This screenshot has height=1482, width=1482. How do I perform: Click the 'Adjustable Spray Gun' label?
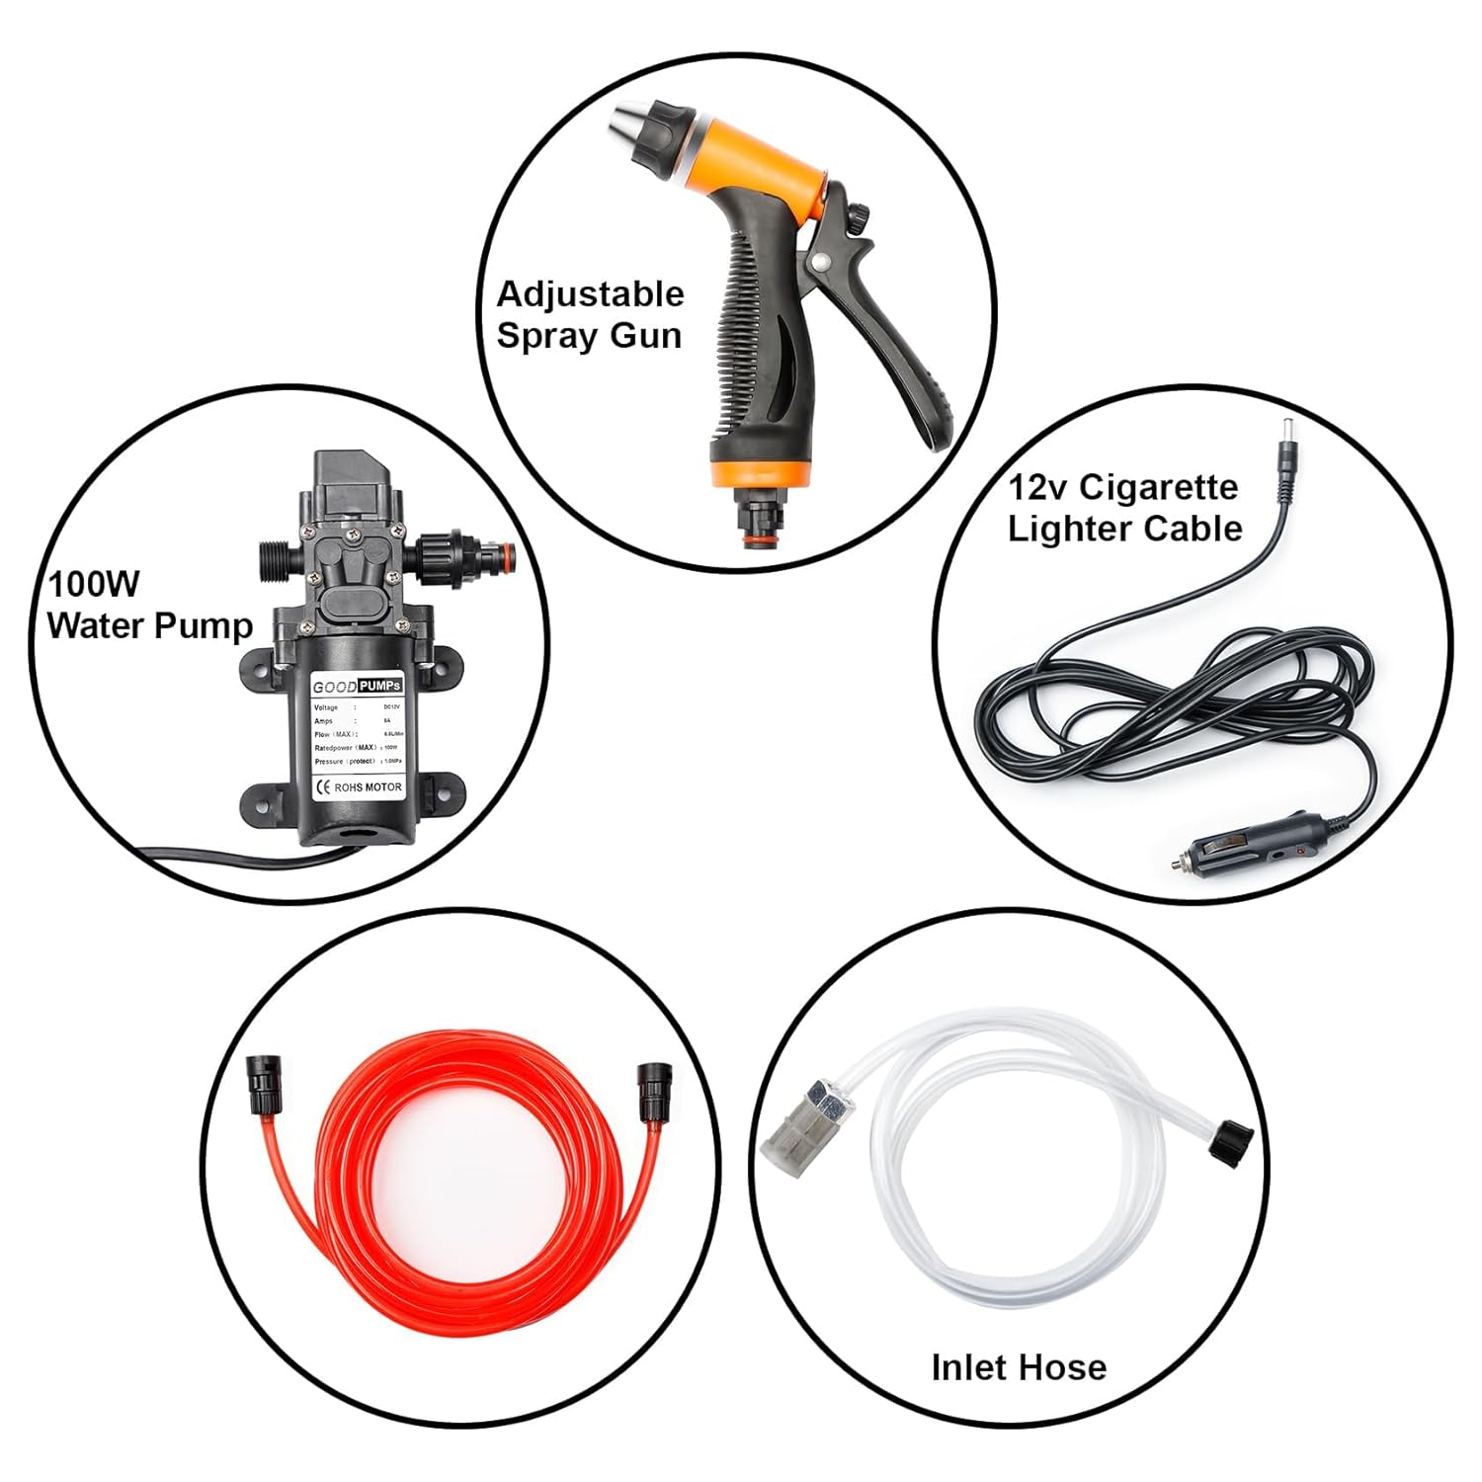click(590, 315)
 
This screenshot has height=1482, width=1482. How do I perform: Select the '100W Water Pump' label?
click(148, 605)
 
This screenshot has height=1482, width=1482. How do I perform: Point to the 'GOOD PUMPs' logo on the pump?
click(357, 686)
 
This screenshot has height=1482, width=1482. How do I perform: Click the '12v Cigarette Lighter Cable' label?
click(1124, 508)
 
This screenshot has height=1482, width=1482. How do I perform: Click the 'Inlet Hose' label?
click(1019, 1367)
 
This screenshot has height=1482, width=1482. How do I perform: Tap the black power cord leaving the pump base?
click(198, 852)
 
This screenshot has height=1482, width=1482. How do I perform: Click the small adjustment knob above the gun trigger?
click(859, 213)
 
